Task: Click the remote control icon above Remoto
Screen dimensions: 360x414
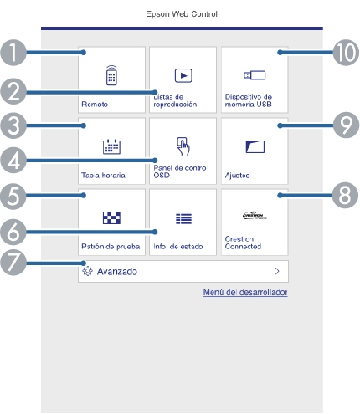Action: click(111, 75)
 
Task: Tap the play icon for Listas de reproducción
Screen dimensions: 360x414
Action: click(183, 75)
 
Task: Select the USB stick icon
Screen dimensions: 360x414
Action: click(255, 75)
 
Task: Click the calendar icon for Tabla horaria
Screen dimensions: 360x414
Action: click(111, 146)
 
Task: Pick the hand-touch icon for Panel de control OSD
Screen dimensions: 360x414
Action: click(183, 146)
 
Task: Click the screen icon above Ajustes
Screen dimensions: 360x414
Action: click(255, 146)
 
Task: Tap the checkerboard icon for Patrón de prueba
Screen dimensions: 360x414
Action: click(111, 217)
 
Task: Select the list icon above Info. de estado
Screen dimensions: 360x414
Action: click(183, 217)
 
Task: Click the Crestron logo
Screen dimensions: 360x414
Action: click(255, 215)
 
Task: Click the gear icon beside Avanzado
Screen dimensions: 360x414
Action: click(87, 271)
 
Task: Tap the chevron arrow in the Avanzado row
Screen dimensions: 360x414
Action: click(277, 271)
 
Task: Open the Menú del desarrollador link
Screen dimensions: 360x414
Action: click(245, 292)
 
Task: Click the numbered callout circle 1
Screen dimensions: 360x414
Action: click(13, 53)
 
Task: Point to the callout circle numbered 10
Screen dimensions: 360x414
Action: click(346, 53)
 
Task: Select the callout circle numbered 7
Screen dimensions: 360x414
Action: click(13, 263)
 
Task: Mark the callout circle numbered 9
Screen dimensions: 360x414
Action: click(346, 125)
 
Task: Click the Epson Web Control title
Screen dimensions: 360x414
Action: click(182, 13)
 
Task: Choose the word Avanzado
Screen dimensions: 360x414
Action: click(117, 272)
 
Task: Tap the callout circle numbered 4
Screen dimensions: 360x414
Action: click(13, 161)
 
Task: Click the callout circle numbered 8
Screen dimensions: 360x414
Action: click(345, 196)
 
